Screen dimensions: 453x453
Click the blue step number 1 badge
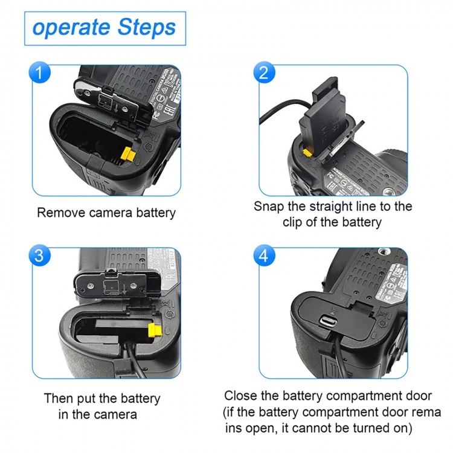tap(40, 74)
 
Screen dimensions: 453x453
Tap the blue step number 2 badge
tap(263, 74)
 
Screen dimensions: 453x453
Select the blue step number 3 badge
tap(40, 255)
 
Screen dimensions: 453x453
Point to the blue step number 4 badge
tap(263, 255)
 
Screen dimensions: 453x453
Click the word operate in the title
tap(65, 28)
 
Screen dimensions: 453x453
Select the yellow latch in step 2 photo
tap(307, 154)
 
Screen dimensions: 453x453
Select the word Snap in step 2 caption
tap(269, 207)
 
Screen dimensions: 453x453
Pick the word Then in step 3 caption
tap(59, 399)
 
